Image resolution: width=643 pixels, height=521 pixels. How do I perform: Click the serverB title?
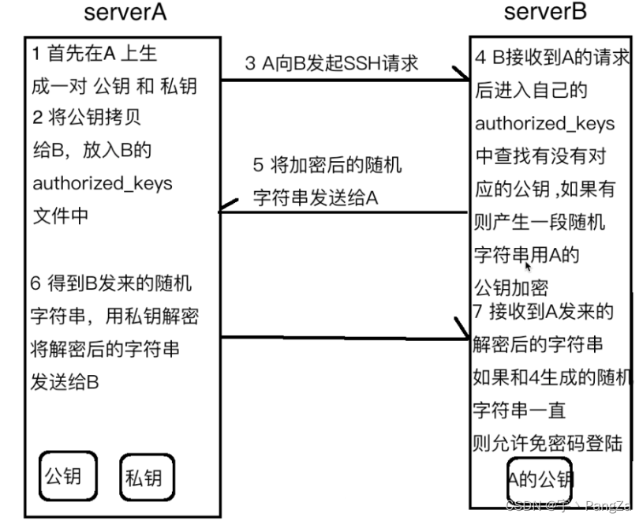(x=545, y=13)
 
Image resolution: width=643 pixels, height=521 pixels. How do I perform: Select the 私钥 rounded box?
(x=145, y=478)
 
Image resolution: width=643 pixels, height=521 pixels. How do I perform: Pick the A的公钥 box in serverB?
(x=540, y=478)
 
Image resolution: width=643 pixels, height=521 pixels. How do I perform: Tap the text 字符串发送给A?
(x=315, y=197)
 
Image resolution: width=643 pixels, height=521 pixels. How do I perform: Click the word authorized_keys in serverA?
(x=102, y=184)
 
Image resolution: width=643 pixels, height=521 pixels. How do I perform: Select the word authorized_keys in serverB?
(x=544, y=124)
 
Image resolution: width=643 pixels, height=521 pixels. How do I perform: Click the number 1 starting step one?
(x=37, y=54)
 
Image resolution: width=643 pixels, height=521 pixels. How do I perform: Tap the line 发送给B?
(x=65, y=382)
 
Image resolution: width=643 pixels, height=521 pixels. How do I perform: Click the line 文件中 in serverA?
(x=60, y=215)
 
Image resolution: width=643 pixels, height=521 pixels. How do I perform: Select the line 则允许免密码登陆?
(x=547, y=444)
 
